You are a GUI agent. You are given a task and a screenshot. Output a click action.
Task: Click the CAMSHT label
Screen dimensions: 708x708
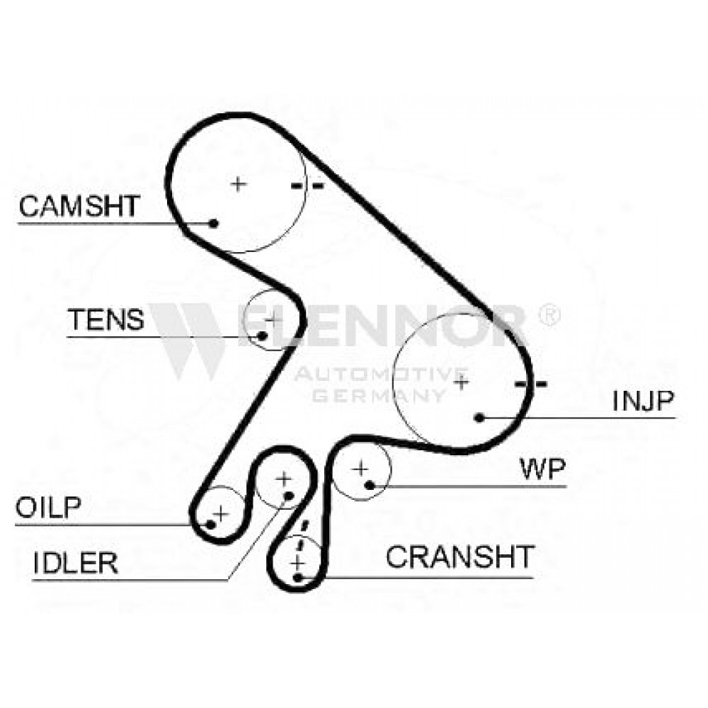(x=79, y=206)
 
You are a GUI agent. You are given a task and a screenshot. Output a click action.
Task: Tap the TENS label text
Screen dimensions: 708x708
(x=105, y=319)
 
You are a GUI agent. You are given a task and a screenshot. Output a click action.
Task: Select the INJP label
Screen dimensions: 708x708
(x=643, y=400)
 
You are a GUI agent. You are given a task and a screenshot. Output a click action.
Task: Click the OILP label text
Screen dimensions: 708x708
(x=48, y=507)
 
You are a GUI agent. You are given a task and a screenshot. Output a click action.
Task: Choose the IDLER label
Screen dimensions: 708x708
(x=76, y=563)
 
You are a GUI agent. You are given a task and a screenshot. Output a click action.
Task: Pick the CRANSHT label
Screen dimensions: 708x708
(x=460, y=556)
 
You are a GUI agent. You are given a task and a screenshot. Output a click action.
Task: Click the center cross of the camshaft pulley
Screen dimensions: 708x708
(x=239, y=184)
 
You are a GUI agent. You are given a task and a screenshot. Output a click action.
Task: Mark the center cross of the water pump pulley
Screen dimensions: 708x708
(x=360, y=469)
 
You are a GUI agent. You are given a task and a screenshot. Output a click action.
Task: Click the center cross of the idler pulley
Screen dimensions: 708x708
(x=284, y=478)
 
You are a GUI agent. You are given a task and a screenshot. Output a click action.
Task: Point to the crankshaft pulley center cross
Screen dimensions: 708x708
(x=297, y=564)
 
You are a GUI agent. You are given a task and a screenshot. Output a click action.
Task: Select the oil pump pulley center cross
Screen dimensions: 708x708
(x=221, y=513)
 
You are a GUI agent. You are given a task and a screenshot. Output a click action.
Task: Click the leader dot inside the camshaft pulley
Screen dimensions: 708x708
(x=214, y=223)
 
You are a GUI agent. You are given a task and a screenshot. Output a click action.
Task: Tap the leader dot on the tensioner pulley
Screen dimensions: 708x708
(x=262, y=336)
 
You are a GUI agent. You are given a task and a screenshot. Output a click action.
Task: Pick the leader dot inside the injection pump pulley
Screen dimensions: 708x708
(x=480, y=418)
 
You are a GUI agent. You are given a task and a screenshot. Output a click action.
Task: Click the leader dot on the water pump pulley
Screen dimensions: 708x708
(x=370, y=486)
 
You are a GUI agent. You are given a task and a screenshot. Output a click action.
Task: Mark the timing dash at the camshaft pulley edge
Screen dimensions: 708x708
(x=307, y=185)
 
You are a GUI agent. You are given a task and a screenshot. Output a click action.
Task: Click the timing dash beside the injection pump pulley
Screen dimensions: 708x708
(x=531, y=384)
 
